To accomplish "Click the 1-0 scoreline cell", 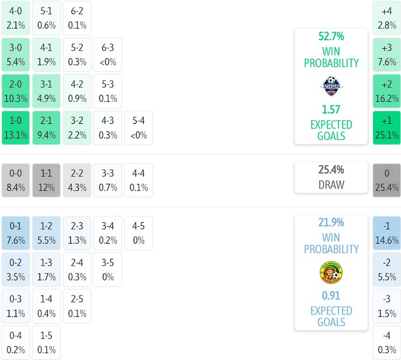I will click(x=16, y=128).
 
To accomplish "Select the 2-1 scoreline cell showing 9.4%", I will click(x=46, y=128).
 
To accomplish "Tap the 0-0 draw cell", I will click(x=16, y=180).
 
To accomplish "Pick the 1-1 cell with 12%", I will click(x=46, y=180).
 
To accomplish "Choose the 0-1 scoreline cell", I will click(x=16, y=233).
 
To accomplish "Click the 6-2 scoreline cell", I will click(x=77, y=18).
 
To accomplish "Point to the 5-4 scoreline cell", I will click(x=138, y=128).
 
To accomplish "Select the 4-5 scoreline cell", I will click(x=138, y=233).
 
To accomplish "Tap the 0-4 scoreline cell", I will click(x=16, y=343).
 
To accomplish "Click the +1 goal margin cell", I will click(x=386, y=128).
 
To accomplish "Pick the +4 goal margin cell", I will click(x=386, y=18).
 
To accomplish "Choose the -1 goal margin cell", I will click(x=386, y=233).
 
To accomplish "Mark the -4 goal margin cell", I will click(x=386, y=343).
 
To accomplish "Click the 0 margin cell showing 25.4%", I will click(x=386, y=180).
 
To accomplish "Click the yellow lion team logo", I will click(x=331, y=272).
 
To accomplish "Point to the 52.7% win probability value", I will click(x=331, y=37).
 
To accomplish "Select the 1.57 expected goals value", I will click(x=331, y=109).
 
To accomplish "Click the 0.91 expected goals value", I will click(x=331, y=295).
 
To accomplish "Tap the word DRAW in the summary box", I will click(x=331, y=185).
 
